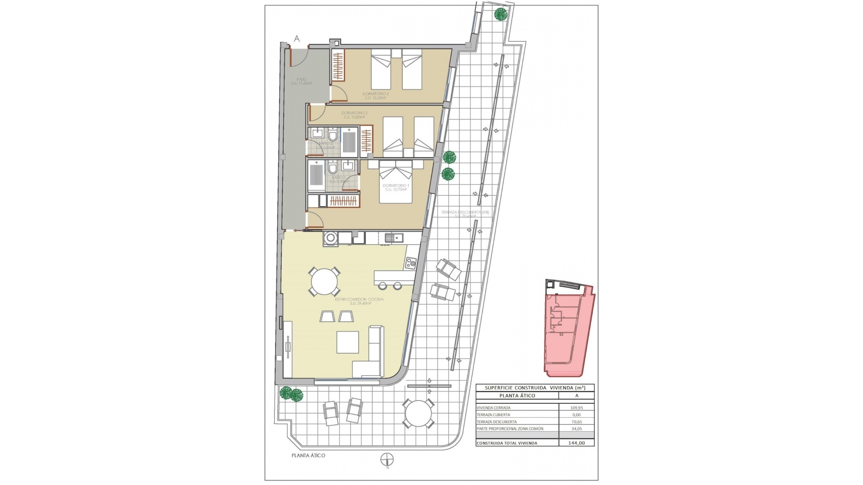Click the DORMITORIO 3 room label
click(x=375, y=95)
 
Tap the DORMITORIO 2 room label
click(x=354, y=115)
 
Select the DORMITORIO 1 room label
click(x=396, y=187)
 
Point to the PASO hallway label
click(x=301, y=81)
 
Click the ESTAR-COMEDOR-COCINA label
click(x=359, y=301)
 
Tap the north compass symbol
click(x=387, y=472)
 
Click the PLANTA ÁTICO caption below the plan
click(x=308, y=455)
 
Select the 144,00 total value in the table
click(x=577, y=443)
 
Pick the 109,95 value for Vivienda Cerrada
click(x=577, y=408)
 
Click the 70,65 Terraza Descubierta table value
click(x=577, y=422)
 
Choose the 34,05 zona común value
click(x=577, y=428)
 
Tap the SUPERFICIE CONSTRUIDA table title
click(x=535, y=388)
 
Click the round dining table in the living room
click(x=324, y=282)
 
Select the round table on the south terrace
click(x=418, y=413)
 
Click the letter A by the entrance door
click(x=297, y=39)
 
